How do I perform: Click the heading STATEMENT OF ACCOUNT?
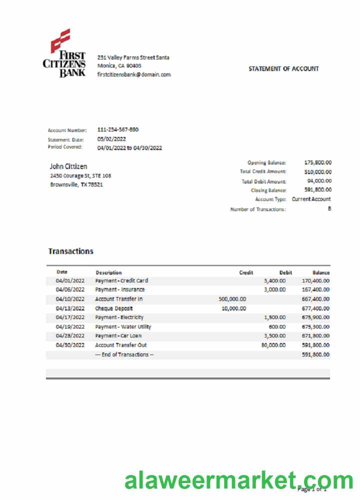(283, 69)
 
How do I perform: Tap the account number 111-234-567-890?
(118, 129)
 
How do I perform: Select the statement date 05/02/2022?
(111, 139)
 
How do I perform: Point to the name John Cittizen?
(68, 166)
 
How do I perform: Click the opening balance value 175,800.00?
(317, 162)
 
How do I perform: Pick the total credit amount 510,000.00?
(317, 171)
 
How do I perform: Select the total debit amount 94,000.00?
(319, 181)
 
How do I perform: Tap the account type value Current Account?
(311, 199)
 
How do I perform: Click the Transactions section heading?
(70, 251)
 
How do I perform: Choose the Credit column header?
(246, 272)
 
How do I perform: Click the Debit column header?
(285, 272)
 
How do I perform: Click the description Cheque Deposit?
(114, 308)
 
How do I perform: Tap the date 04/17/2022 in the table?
(70, 317)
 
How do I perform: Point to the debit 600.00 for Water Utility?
(277, 326)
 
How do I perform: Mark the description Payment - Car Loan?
(118, 335)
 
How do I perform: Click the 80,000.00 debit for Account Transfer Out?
(273, 345)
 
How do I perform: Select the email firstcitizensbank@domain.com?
(134, 74)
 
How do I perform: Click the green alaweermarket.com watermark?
(238, 481)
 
